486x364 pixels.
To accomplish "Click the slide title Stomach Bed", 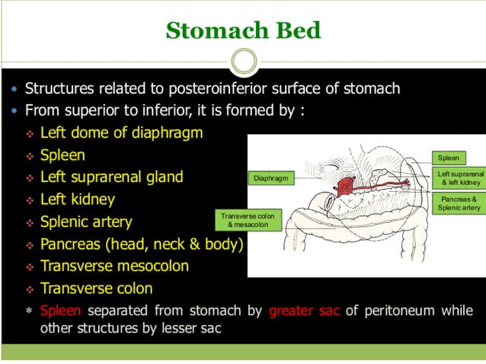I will (243, 30).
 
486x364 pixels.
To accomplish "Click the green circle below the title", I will (243, 61).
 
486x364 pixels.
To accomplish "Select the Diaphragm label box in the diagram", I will (270, 178).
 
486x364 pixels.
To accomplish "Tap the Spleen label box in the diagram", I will (449, 158).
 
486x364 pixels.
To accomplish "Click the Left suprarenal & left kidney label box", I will (460, 179).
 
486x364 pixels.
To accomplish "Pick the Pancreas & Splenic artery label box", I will (460, 203).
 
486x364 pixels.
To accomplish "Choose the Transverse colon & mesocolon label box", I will (248, 221).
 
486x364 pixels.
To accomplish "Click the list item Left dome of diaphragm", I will (121, 133).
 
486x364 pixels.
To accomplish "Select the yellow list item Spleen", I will (62, 155).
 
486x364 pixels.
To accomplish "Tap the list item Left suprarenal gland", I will (111, 177).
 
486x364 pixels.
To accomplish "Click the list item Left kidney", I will (77, 200).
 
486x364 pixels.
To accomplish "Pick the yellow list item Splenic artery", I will (86, 222).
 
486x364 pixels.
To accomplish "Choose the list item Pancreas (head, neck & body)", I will (142, 244).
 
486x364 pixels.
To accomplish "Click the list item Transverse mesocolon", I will (114, 267).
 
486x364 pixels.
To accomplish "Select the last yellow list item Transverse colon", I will (96, 289).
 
